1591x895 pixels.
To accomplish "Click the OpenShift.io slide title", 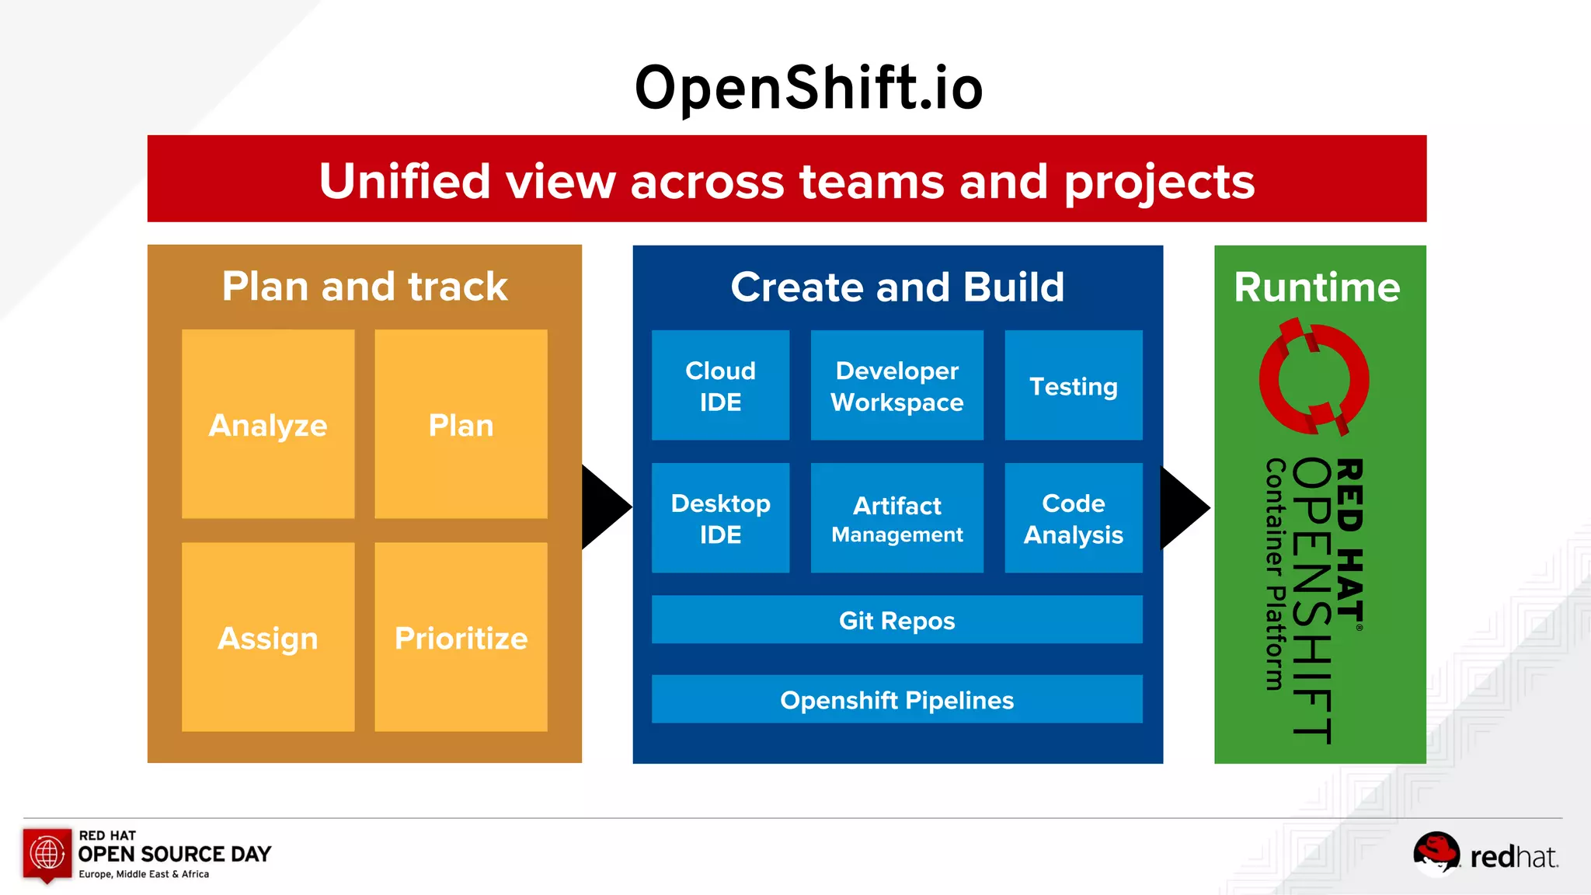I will tap(809, 88).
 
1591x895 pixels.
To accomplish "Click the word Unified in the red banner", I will tap(404, 181).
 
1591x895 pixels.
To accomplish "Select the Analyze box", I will tap(268, 424).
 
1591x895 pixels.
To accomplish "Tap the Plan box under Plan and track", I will tap(461, 424).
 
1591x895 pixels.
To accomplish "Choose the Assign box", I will tap(268, 637).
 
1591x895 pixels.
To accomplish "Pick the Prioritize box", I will tap(461, 637).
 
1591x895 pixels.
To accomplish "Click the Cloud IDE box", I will tap(720, 385).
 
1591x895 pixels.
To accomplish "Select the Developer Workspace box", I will tap(896, 385).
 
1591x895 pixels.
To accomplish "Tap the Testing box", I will tap(1073, 385).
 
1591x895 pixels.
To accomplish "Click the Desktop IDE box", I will tap(720, 518).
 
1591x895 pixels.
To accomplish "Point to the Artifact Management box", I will tap(896, 518).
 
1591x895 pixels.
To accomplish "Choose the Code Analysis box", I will tap(1073, 518).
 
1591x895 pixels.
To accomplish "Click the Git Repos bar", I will tap(896, 620).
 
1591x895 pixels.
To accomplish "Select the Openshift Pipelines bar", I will tap(896, 699).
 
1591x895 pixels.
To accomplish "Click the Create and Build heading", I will tap(897, 287).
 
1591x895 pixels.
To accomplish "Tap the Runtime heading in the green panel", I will tap(1317, 287).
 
